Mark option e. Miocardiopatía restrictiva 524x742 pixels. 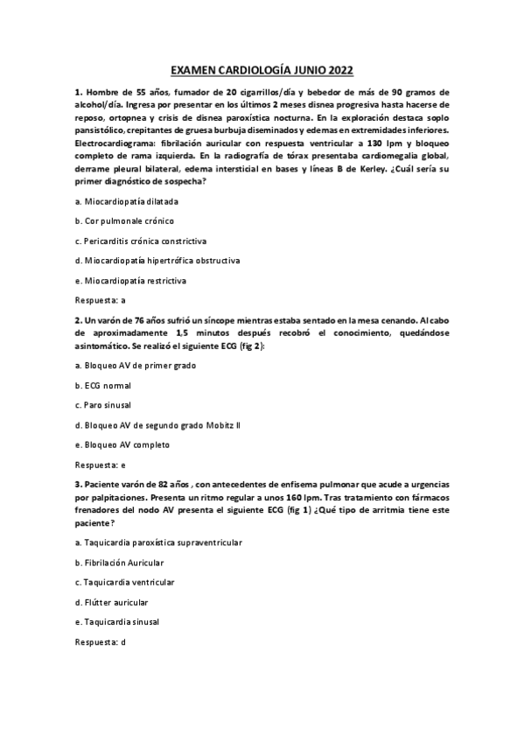click(130, 281)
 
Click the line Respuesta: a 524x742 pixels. click(100, 300)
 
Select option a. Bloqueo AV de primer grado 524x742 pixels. click(135, 364)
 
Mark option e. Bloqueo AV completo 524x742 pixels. click(122, 444)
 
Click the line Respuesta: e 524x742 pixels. click(100, 464)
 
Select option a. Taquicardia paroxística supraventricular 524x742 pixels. click(158, 542)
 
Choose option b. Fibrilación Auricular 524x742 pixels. click(119, 563)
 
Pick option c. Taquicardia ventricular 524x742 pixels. click(125, 582)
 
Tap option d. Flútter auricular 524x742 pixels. click(111, 602)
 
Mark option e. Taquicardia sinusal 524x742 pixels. click(117, 621)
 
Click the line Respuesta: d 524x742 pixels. click(100, 641)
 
